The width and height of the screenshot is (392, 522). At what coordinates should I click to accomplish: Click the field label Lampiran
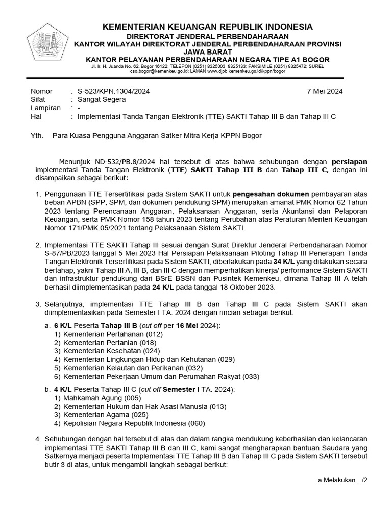45,108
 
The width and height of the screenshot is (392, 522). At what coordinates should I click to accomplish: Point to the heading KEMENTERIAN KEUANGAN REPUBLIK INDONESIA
208,27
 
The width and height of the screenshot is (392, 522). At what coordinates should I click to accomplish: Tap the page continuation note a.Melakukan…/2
342,480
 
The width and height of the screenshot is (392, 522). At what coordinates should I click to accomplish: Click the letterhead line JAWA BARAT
208,52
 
